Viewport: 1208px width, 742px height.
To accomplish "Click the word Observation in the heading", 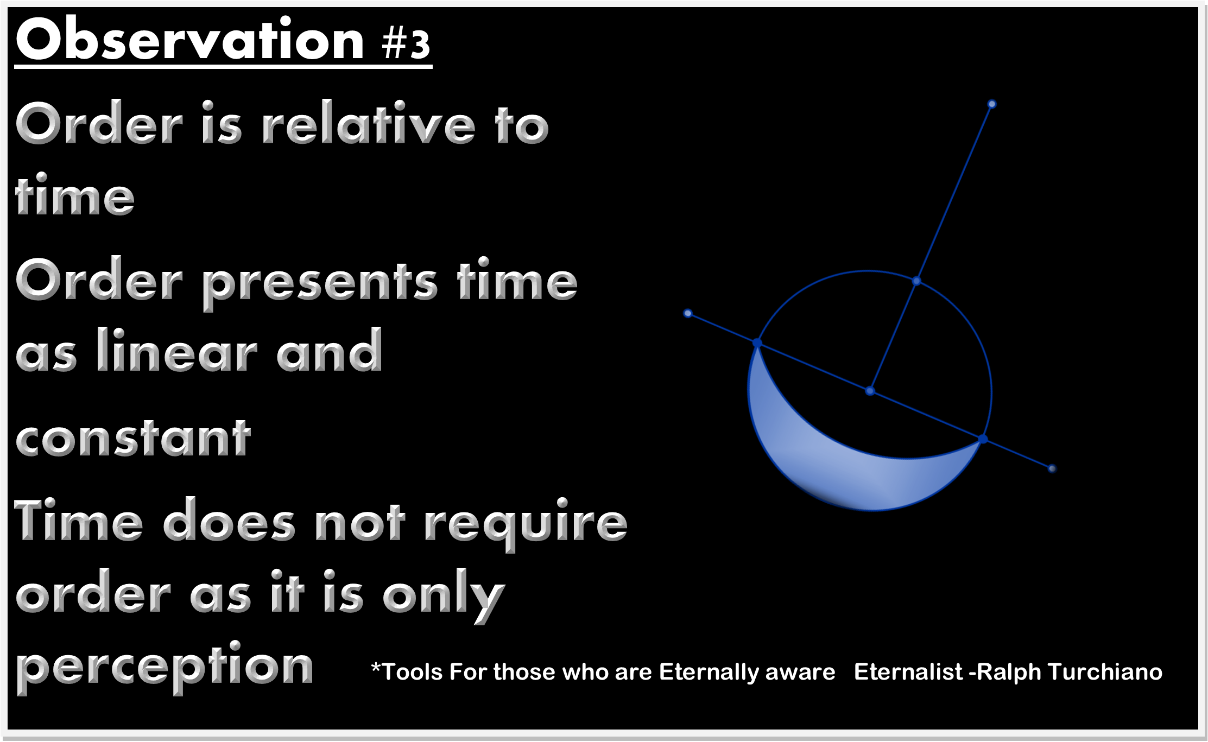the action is pos(190,39).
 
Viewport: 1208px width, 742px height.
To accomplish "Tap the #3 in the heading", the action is pos(406,43).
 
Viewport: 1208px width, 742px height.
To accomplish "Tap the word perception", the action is pos(165,667).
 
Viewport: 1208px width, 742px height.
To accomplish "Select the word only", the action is pos(444,595).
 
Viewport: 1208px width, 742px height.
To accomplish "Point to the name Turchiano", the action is pos(1105,672).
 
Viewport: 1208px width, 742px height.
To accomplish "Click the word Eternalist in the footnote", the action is pos(908,672).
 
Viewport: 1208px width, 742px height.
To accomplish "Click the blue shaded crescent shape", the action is pos(847,467).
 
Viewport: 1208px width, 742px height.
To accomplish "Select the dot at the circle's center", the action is pos(870,391).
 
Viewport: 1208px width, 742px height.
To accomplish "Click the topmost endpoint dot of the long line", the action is pos(992,104).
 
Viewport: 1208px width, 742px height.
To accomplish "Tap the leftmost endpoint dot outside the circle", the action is pos(688,313).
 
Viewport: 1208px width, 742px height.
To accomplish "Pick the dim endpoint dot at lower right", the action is pos(1052,468).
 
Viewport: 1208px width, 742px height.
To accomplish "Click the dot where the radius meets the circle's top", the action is pos(916,281).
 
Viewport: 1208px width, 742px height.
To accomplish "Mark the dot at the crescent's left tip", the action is pos(757,343).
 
